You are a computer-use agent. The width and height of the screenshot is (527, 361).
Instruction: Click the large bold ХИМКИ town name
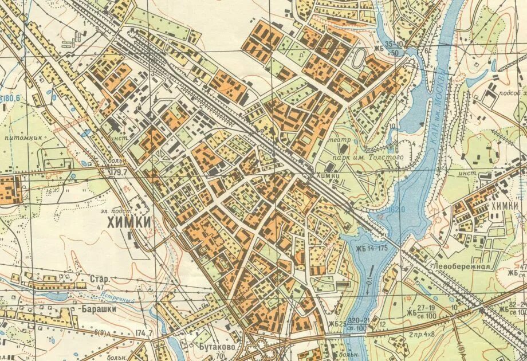pyautogui.click(x=129, y=222)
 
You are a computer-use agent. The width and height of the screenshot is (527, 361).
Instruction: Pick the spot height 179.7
pyautogui.click(x=119, y=171)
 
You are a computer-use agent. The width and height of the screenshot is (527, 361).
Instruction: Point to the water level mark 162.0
pyautogui.click(x=395, y=210)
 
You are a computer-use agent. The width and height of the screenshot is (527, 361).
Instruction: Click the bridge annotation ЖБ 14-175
pyautogui.click(x=371, y=248)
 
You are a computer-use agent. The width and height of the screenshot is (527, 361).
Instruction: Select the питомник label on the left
pyautogui.click(x=19, y=139)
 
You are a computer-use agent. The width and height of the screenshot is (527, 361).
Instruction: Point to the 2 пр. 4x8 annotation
pyautogui.click(x=422, y=333)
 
